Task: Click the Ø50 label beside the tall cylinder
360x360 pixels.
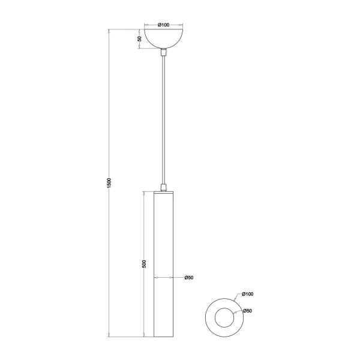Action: coord(188,278)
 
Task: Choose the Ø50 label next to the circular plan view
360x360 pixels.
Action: coord(247,310)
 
